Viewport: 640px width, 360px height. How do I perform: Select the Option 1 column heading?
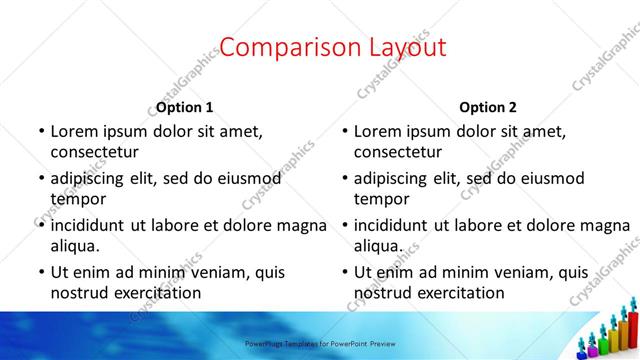point(185,107)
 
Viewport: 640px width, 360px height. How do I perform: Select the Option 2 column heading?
point(489,107)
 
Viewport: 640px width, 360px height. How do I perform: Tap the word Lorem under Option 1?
point(75,130)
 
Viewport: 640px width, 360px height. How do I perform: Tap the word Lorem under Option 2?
point(379,130)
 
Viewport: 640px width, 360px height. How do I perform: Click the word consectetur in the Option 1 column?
point(94,152)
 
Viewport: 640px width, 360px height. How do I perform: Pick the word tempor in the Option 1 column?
point(78,198)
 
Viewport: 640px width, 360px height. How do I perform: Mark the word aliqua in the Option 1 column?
point(75,245)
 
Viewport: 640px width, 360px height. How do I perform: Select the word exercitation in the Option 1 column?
point(155,293)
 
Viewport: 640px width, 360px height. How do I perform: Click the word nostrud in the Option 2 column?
point(385,293)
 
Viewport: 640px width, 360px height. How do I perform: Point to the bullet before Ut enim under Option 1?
point(40,272)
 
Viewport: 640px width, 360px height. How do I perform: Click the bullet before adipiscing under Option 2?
point(344,178)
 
